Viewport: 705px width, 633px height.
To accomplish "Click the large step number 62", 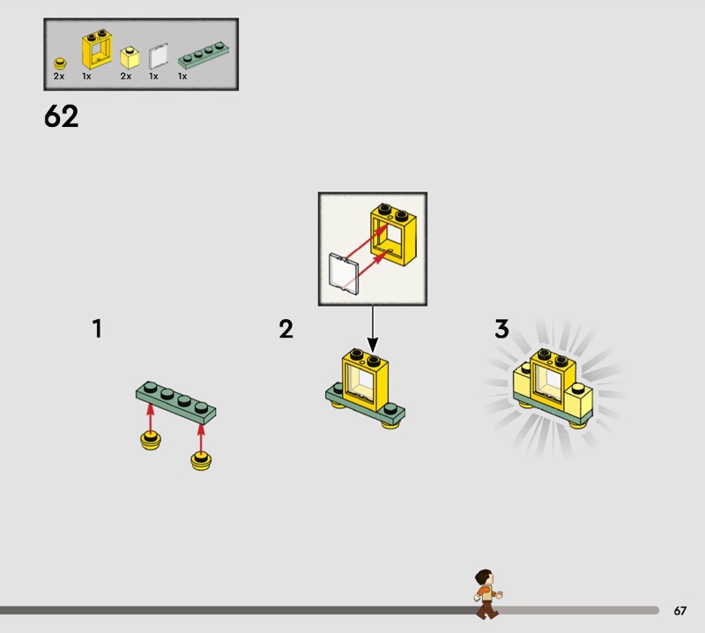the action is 61,116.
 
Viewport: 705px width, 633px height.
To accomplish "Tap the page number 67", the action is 679,610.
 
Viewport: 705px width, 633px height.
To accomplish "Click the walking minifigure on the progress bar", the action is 487,594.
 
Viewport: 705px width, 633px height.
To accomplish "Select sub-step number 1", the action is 97,329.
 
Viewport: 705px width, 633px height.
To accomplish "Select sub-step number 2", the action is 286,329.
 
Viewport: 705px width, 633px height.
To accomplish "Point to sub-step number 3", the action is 501,329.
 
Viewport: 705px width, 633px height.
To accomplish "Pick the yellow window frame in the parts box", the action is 97,49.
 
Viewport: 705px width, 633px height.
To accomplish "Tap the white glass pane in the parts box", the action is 159,56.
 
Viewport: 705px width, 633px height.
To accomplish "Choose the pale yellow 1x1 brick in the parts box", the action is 130,57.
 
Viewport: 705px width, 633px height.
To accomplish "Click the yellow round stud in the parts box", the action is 60,63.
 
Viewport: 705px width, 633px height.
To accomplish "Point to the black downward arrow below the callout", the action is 372,329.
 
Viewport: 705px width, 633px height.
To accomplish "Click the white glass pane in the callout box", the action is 344,273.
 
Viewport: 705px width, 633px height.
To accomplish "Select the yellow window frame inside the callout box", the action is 393,235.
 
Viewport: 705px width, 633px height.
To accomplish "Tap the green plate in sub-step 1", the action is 175,403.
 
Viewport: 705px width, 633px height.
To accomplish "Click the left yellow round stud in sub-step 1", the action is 151,441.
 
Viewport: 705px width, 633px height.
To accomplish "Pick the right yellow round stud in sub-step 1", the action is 201,461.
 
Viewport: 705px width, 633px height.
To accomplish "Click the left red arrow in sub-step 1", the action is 151,419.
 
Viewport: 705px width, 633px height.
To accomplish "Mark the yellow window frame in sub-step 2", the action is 365,379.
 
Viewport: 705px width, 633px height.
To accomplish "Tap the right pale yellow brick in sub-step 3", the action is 578,402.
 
